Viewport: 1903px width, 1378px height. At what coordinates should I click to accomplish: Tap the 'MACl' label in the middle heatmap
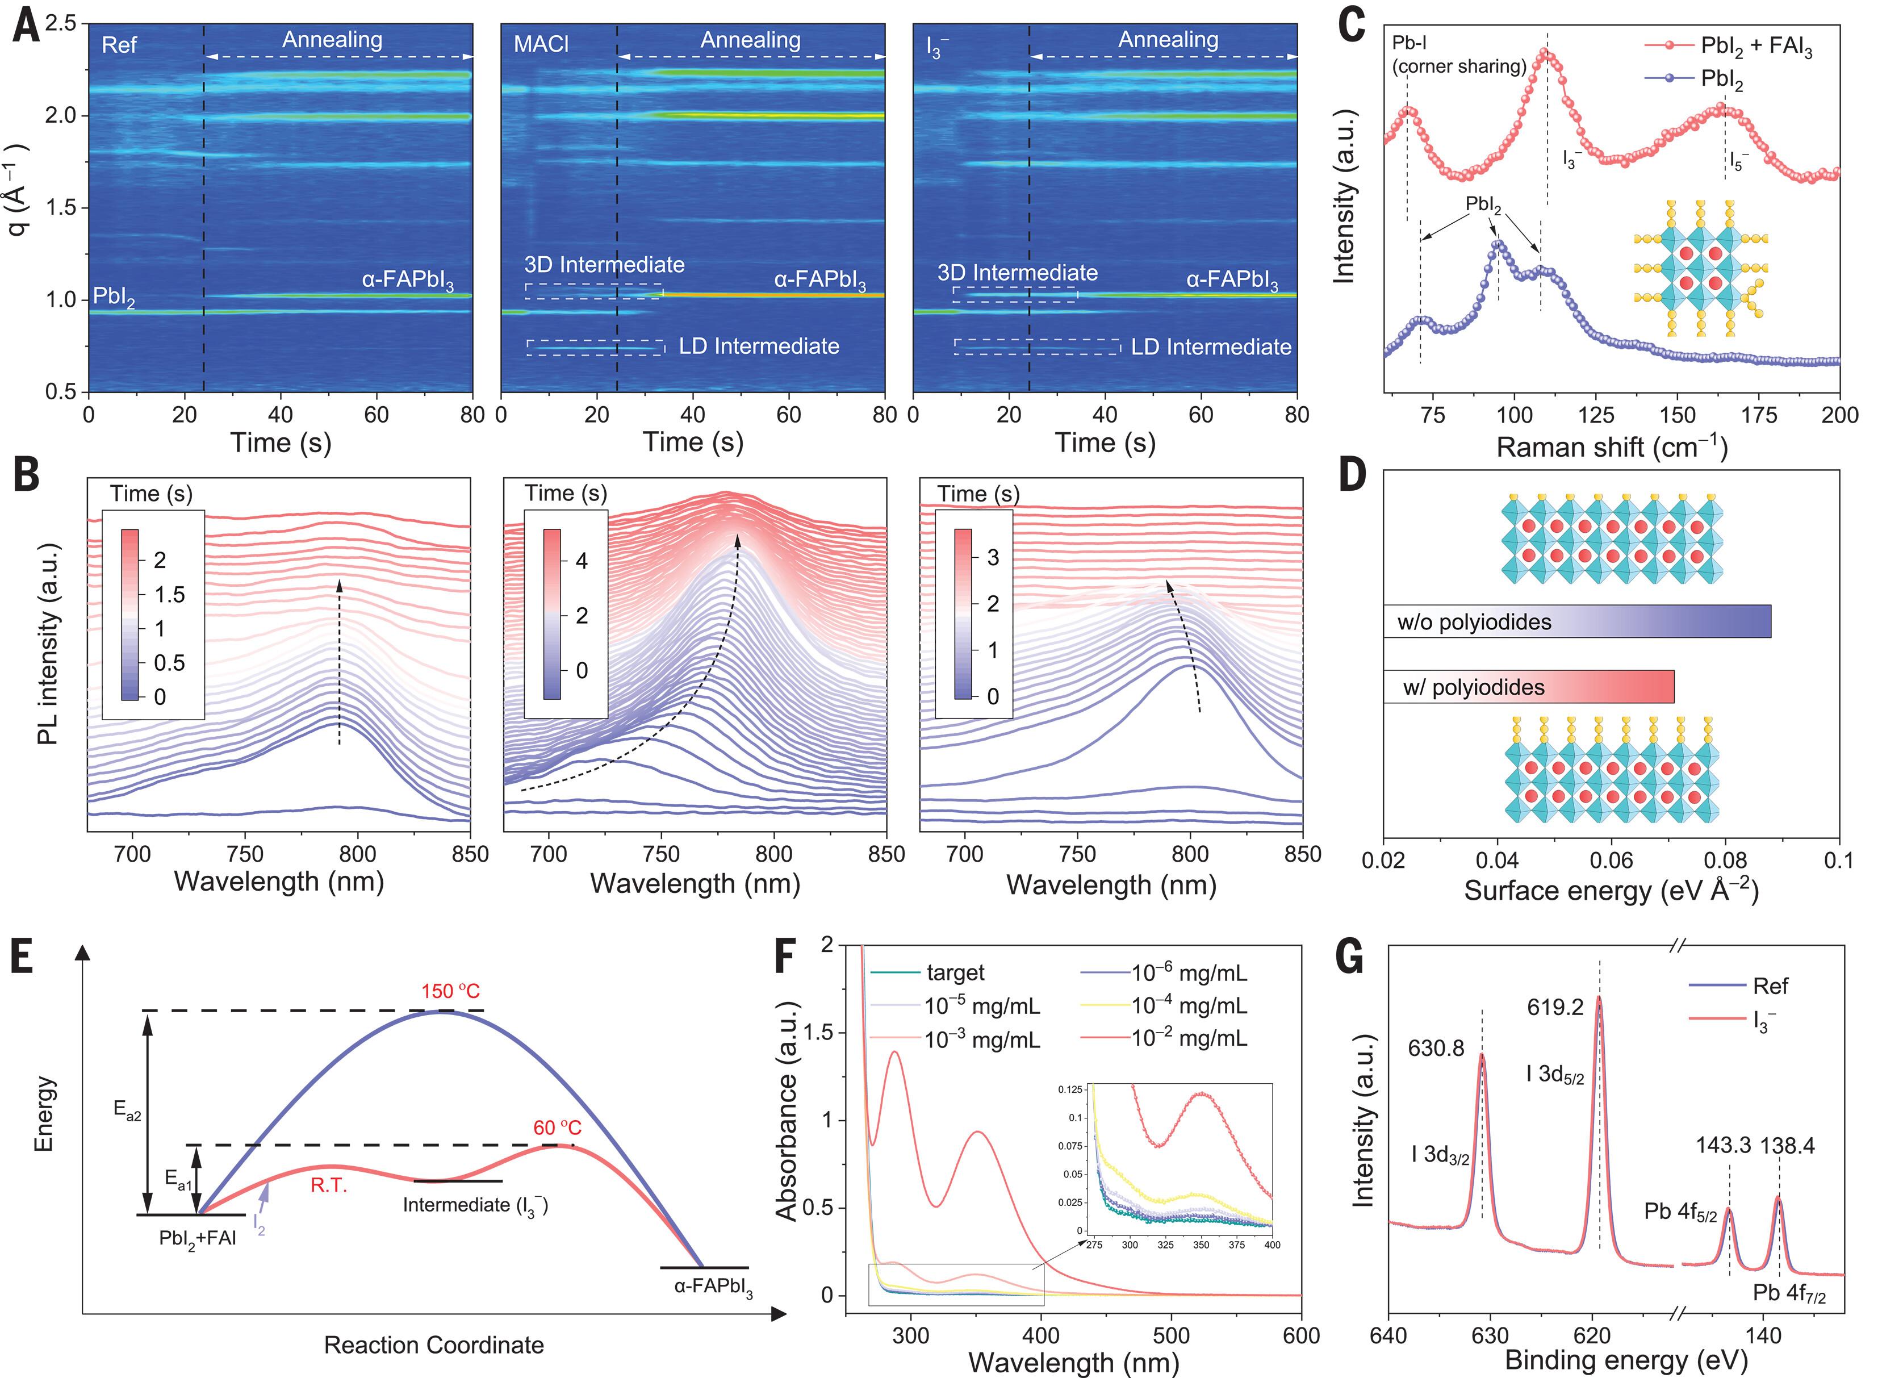tap(541, 44)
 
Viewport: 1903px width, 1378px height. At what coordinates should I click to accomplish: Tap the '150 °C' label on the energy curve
tap(450, 991)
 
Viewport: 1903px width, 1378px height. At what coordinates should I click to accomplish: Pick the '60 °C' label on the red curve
tap(557, 1127)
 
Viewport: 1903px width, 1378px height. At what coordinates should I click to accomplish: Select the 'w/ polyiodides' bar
tap(1528, 687)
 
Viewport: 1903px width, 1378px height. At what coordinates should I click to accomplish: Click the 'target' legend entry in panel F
tap(955, 972)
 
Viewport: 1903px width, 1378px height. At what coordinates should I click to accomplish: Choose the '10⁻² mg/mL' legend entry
tap(1189, 1038)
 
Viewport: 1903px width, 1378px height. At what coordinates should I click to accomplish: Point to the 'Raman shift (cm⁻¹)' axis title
tap(1611, 447)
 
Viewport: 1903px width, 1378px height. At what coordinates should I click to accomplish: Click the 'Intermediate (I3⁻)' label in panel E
tap(475, 1205)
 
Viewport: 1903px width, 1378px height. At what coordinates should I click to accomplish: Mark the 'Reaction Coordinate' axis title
tap(434, 1345)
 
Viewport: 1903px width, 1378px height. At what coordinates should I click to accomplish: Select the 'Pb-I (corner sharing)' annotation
tap(1458, 55)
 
